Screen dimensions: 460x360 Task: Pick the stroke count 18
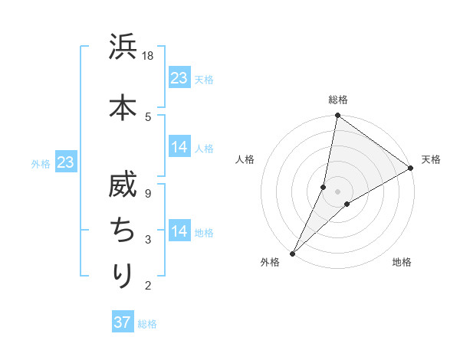point(149,56)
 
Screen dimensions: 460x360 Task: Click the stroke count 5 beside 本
point(149,116)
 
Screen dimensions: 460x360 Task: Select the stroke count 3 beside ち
point(149,240)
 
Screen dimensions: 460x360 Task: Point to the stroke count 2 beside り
point(149,286)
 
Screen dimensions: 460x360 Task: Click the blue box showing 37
point(123,322)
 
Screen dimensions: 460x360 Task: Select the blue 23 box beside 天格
point(179,77)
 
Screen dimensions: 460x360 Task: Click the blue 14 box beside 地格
point(179,231)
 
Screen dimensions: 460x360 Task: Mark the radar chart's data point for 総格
point(337,115)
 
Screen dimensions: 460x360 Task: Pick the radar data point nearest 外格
point(292,253)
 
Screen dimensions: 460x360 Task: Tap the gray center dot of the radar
point(337,191)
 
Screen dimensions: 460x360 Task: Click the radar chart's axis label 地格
point(402,262)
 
